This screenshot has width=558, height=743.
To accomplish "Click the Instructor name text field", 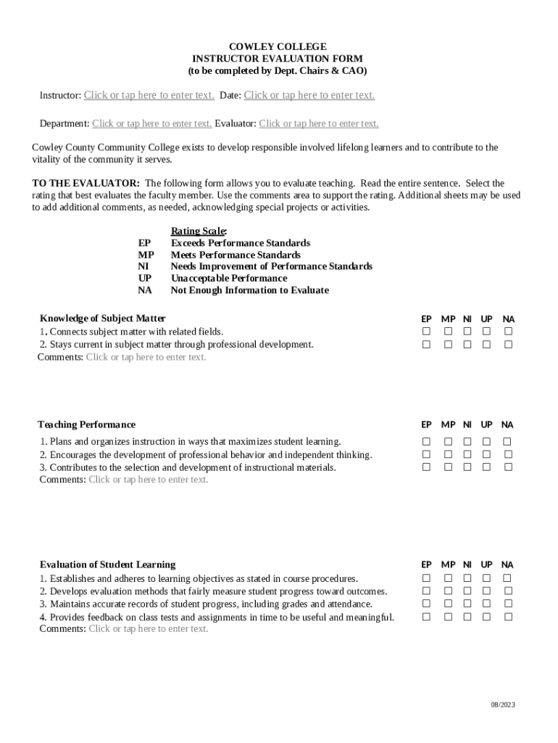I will pyautogui.click(x=149, y=95).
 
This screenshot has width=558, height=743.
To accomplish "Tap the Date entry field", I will pyautogui.click(x=309, y=95).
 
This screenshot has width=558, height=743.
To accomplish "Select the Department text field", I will pyautogui.click(x=151, y=123).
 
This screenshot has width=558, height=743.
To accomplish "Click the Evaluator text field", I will pyautogui.click(x=318, y=123).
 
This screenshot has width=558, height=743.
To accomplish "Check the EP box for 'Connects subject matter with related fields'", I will pyautogui.click(x=426, y=332).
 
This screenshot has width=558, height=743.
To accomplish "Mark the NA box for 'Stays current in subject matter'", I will pyautogui.click(x=508, y=345).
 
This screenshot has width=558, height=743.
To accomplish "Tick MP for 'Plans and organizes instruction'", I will pyautogui.click(x=448, y=442).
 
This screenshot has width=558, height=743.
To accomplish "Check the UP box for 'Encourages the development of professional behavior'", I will pyautogui.click(x=486, y=454).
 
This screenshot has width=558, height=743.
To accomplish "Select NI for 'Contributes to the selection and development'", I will pyautogui.click(x=467, y=467).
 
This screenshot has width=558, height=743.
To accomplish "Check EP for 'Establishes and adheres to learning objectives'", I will pyautogui.click(x=426, y=578).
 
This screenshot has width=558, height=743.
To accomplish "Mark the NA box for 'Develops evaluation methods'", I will pyautogui.click(x=508, y=591).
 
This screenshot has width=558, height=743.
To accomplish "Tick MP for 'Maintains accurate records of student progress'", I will pyautogui.click(x=448, y=604).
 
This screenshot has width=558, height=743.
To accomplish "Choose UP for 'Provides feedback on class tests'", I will pyautogui.click(x=486, y=617).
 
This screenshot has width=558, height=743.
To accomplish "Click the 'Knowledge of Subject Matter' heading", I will pyautogui.click(x=102, y=318).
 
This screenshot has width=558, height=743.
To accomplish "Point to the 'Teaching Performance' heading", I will pyautogui.click(x=86, y=424).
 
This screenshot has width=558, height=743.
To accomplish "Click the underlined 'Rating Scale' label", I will pyautogui.click(x=199, y=231).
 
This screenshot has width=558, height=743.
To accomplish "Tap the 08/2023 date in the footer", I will pyautogui.click(x=502, y=705).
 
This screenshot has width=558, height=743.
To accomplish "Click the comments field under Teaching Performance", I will pyautogui.click(x=148, y=480).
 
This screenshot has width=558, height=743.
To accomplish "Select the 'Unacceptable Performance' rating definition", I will pyautogui.click(x=228, y=278).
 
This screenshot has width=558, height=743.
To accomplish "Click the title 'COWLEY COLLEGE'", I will pyautogui.click(x=278, y=46).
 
